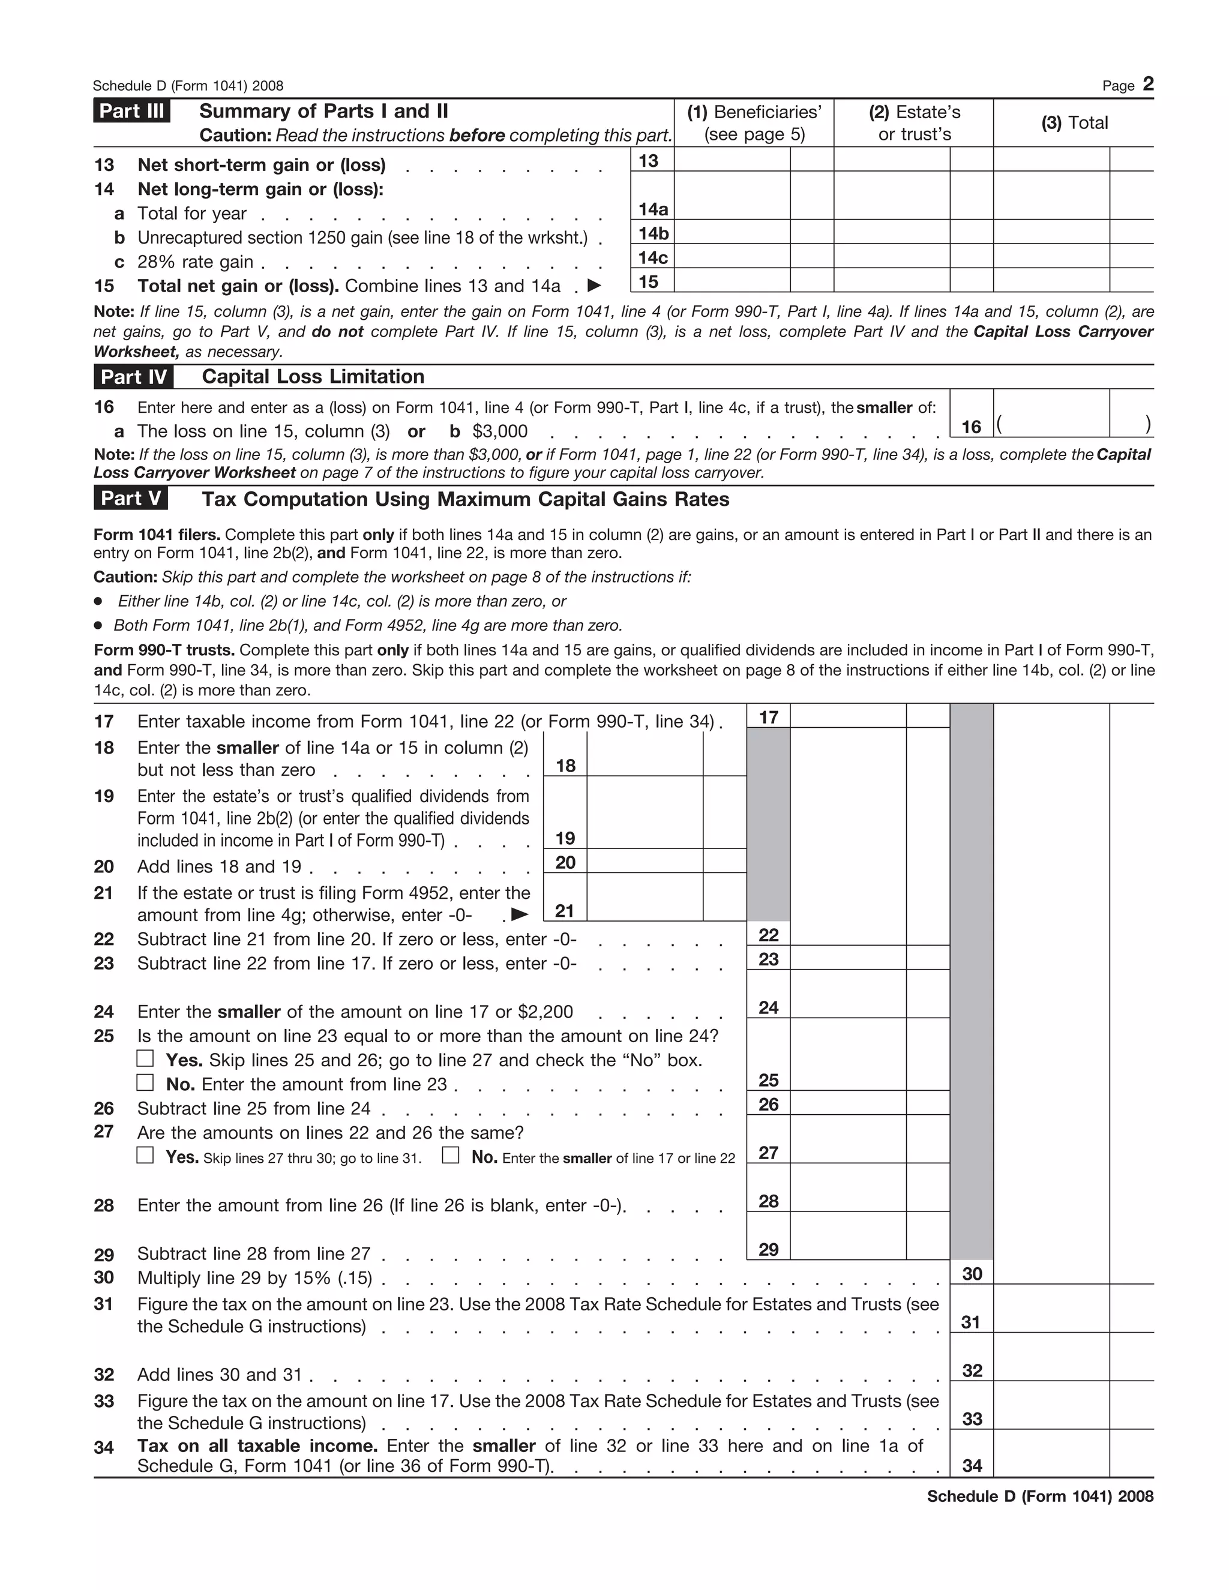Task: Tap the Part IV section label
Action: pos(133,377)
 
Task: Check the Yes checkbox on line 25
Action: pos(146,1058)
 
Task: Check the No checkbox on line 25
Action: pos(146,1082)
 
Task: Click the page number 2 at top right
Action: pos(1147,85)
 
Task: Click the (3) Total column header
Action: pos(1074,123)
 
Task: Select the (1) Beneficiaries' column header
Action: pos(754,123)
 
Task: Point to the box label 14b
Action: pos(653,233)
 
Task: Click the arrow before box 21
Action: pos(520,914)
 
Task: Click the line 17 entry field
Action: pos(847,716)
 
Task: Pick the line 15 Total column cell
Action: pos(1051,281)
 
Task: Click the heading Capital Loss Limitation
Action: pos(313,377)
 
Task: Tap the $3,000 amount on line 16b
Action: pos(500,432)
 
